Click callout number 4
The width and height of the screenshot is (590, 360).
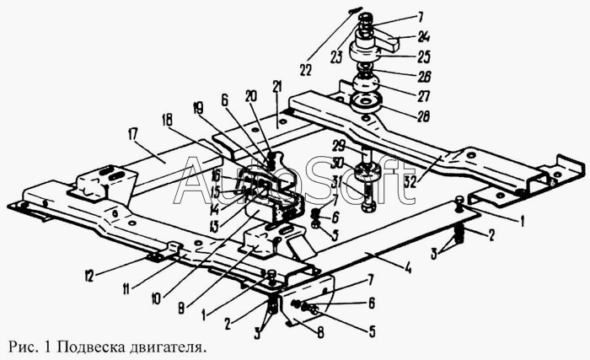click(x=406, y=269)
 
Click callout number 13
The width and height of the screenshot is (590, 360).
click(x=213, y=226)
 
